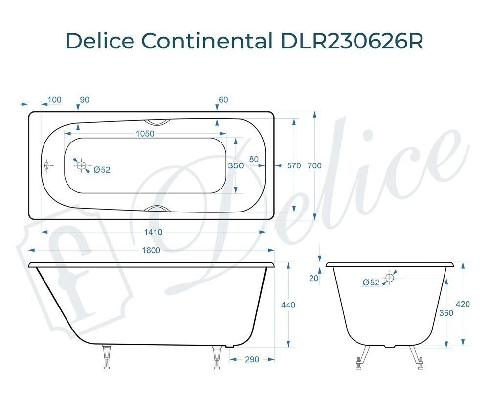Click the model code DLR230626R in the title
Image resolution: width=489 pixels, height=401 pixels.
coord(352,40)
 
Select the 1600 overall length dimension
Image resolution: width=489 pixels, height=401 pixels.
coord(151,250)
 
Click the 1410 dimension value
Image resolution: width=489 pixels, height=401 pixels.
coord(153,232)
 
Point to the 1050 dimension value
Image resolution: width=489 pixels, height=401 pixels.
coord(145,133)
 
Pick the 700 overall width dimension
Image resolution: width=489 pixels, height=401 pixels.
coord(314,165)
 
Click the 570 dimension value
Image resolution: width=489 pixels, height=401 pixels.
coord(294,165)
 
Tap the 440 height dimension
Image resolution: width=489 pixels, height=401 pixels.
coord(288,305)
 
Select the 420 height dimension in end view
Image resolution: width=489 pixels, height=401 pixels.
coord(463,304)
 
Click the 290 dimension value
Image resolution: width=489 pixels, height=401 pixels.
coord(252,359)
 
